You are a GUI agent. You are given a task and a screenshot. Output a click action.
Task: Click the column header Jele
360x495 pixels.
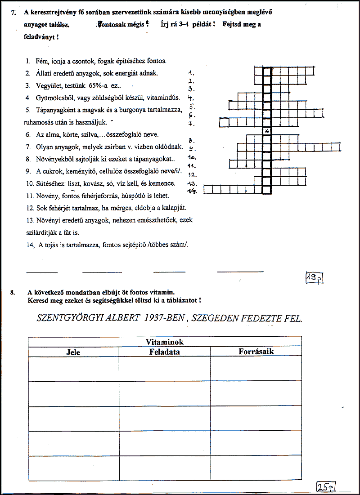tap(73, 352)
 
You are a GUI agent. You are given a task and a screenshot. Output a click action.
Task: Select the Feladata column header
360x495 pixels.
tap(164, 352)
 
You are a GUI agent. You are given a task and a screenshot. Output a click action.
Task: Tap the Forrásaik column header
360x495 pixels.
tap(256, 352)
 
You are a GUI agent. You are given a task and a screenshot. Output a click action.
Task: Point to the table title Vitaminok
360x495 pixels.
tap(165, 342)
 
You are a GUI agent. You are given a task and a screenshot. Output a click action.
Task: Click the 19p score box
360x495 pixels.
tap(315, 278)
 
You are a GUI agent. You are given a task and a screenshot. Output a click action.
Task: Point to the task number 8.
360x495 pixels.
tap(12, 292)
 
